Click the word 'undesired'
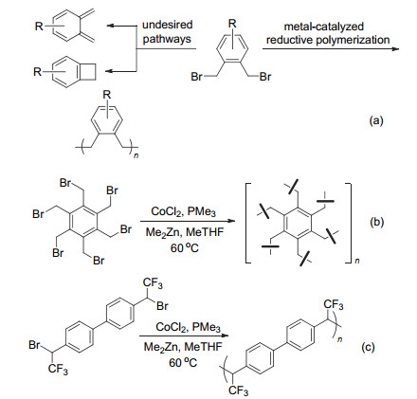(x=167, y=25)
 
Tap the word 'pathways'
(x=167, y=39)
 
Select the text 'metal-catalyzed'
(x=324, y=27)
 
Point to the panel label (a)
(x=376, y=120)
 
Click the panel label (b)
(x=376, y=222)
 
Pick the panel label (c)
(x=368, y=347)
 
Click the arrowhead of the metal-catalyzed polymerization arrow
(x=395, y=49)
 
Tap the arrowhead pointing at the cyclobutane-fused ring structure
(x=109, y=71)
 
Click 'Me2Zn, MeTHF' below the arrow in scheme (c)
(x=183, y=347)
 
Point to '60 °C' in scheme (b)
(x=185, y=248)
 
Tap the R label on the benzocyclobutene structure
(x=38, y=72)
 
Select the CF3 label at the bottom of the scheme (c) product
(x=238, y=390)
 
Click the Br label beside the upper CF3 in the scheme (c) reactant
(x=162, y=306)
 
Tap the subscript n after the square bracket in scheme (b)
(x=357, y=261)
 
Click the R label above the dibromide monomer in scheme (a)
(x=232, y=24)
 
